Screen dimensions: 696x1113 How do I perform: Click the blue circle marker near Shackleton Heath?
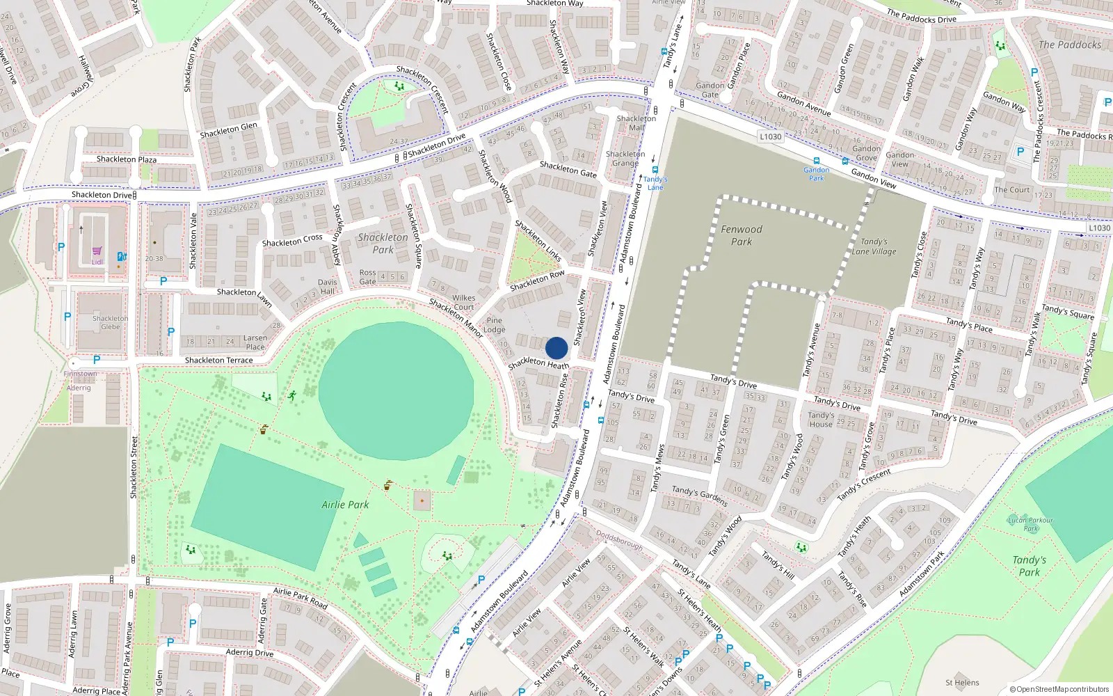(x=556, y=348)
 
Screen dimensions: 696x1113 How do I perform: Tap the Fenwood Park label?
(x=742, y=235)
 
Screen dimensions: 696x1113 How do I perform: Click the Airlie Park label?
(x=345, y=505)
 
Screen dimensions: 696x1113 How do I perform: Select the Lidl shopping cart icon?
(x=97, y=251)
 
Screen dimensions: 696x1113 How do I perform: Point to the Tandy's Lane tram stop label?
(x=655, y=183)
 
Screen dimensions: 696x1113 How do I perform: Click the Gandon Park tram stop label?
(x=816, y=174)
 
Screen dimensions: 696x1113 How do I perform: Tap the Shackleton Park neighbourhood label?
(x=383, y=243)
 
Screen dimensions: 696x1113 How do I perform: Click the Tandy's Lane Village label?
(x=874, y=246)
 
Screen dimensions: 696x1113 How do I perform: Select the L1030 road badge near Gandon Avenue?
(x=770, y=136)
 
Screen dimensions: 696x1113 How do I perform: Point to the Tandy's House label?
(x=821, y=420)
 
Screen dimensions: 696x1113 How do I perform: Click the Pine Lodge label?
(x=494, y=325)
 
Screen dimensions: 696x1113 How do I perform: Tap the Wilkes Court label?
(x=463, y=302)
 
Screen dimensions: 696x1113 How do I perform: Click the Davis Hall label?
(x=327, y=287)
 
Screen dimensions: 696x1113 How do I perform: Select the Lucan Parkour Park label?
(x=1030, y=524)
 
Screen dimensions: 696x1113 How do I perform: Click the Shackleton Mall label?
(x=636, y=123)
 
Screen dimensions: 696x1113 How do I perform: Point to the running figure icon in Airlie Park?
(x=291, y=396)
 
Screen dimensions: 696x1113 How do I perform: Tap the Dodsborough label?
(x=619, y=539)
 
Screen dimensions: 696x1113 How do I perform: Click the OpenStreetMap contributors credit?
(x=1059, y=689)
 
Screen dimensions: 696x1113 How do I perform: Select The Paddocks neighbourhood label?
(x=1070, y=45)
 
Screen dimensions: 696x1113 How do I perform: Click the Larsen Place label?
(x=255, y=342)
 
